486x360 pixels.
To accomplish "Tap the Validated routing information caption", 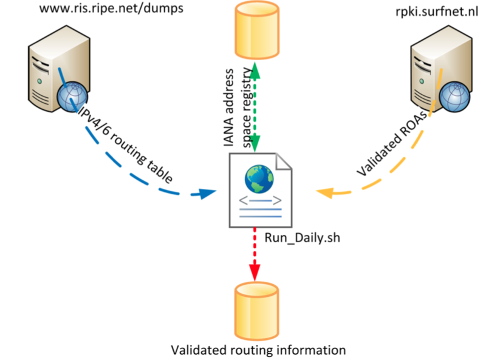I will pos(258,350).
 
